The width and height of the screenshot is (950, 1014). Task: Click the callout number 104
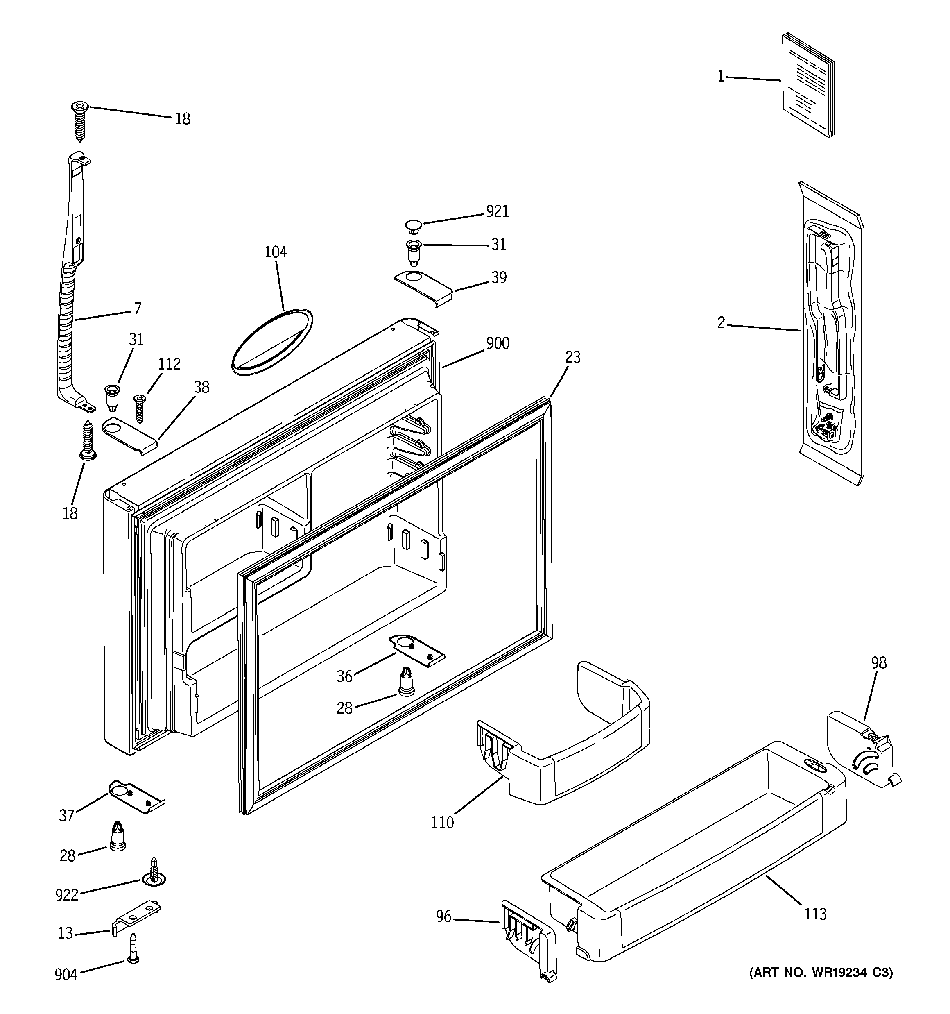[x=275, y=252]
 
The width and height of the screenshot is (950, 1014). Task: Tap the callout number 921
[x=497, y=211]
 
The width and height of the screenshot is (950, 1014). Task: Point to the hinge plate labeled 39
[x=424, y=287]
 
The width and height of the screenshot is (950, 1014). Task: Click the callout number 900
[x=497, y=343]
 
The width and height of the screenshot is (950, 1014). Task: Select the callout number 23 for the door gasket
[x=572, y=357]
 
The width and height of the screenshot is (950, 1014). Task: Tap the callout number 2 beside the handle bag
[x=721, y=322]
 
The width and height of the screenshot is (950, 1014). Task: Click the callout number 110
[x=442, y=822]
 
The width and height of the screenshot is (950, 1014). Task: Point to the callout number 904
[x=66, y=975]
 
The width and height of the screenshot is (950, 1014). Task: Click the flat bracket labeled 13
[x=136, y=916]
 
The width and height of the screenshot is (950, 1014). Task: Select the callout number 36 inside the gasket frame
[x=344, y=676]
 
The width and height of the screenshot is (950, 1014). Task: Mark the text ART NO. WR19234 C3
[x=821, y=973]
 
